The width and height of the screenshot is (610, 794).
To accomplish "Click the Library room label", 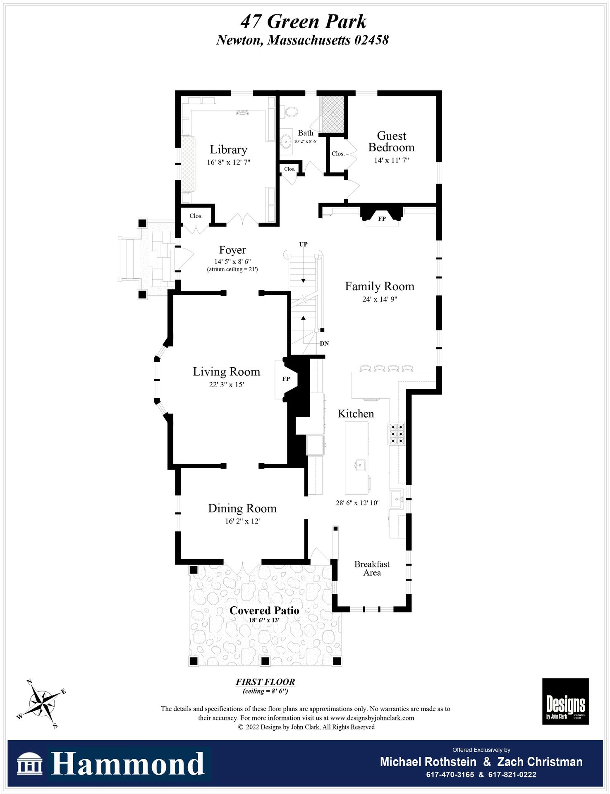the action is (228, 149).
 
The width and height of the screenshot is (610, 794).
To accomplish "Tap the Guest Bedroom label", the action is (391, 141).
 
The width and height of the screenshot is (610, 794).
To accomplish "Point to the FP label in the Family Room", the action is (382, 219).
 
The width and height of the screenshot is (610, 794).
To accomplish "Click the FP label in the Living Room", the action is (286, 379).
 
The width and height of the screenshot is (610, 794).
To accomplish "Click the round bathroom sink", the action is (286, 141).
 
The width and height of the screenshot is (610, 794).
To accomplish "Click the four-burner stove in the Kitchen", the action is (396, 434).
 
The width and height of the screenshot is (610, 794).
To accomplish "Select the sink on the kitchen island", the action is (360, 465).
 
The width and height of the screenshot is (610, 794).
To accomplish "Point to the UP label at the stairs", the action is (303, 244).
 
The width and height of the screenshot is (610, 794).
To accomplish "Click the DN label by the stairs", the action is (324, 344).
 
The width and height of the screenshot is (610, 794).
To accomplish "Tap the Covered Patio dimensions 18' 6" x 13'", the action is (264, 620).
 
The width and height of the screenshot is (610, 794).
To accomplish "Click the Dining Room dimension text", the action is (242, 521).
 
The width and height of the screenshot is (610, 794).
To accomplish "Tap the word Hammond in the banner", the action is (127, 764).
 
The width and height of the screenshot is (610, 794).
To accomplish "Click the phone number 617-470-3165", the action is (450, 775).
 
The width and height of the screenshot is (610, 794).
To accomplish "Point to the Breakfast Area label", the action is (372, 568).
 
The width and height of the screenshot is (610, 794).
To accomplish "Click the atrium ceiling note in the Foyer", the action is (232, 269).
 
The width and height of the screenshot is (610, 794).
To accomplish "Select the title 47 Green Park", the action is (304, 22).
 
